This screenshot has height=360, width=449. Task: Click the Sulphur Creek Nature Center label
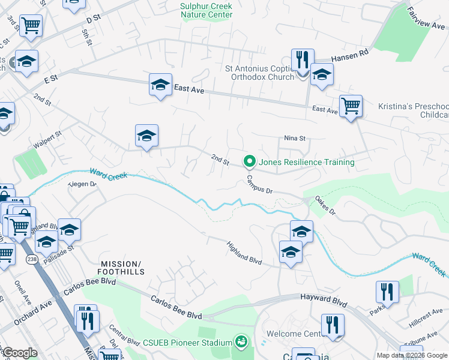tap(206, 10)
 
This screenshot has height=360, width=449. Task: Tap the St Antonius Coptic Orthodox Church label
tap(259, 73)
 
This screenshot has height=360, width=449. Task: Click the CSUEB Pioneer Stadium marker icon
tap(241, 342)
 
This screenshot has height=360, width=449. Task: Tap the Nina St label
tap(295, 139)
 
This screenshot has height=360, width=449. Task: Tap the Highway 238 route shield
tap(32, 259)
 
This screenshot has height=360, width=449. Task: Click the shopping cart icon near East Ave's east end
tap(351, 106)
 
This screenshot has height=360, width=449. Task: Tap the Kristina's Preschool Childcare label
tap(414, 110)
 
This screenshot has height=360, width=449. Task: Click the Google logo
tap(19, 353)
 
